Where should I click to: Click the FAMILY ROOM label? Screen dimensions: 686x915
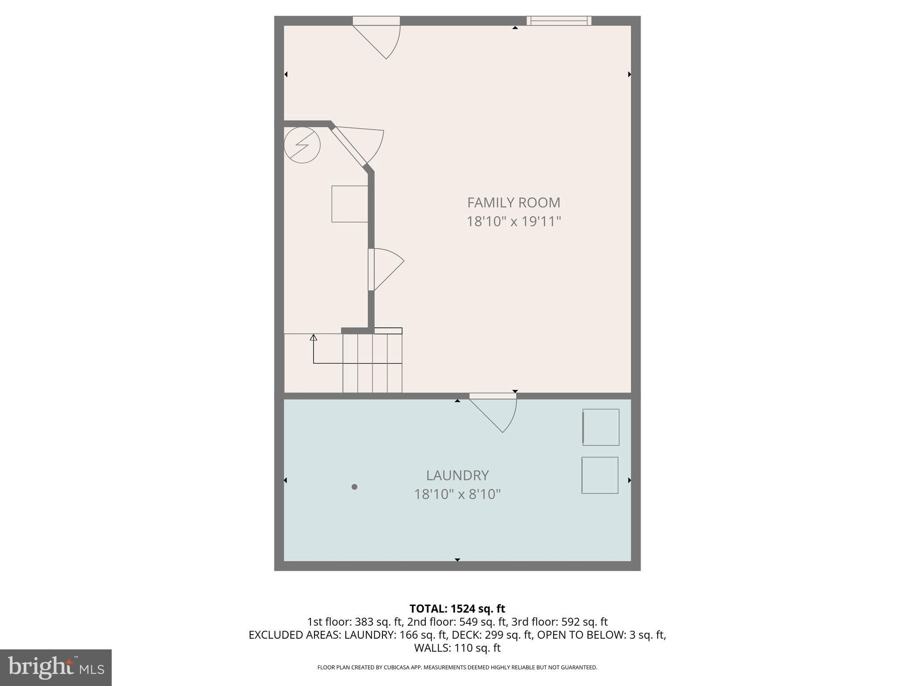(513, 203)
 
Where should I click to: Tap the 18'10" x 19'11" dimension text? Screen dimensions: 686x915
(513, 222)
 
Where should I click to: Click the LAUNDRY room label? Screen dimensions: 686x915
(457, 475)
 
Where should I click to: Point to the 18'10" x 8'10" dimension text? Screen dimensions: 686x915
(457, 494)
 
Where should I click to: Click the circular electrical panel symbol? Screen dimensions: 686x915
(302, 145)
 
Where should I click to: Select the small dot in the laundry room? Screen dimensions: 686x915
(354, 487)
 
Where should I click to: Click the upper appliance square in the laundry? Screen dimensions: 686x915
(601, 427)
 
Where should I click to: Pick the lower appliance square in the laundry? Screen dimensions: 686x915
(600, 475)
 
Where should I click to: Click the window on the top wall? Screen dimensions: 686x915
(559, 21)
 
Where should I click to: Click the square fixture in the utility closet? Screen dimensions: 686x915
(349, 204)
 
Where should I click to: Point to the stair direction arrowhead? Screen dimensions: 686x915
(314, 337)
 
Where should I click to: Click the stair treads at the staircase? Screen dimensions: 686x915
(372, 363)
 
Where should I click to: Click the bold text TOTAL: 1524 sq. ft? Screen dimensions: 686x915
(457, 609)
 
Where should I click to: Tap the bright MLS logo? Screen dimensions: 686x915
(56, 668)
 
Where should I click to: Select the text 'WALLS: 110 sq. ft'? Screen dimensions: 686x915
(457, 648)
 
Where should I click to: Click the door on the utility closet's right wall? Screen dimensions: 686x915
(385, 269)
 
